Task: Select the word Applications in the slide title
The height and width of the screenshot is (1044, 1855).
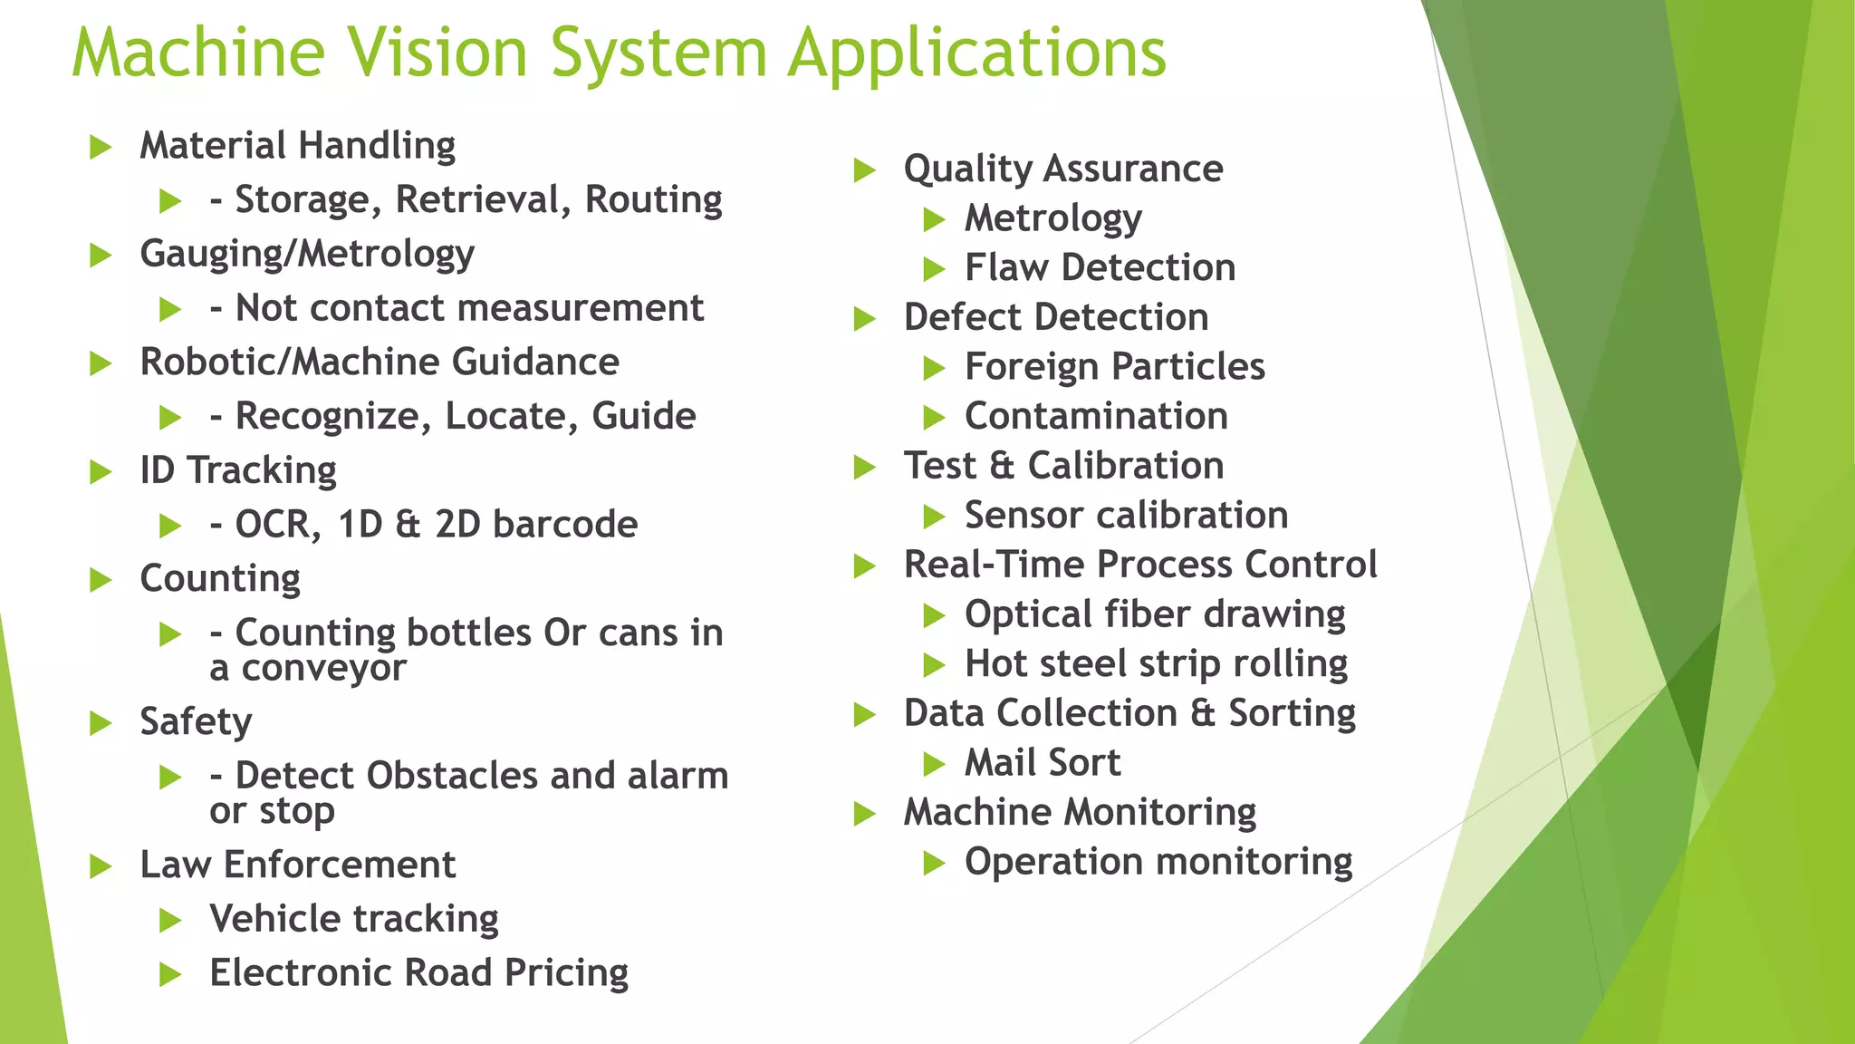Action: tap(976, 54)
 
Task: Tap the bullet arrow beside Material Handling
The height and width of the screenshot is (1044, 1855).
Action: tap(101, 147)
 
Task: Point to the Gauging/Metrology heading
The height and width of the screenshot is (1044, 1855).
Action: tap(307, 255)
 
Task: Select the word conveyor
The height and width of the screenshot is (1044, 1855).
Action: tap(324, 669)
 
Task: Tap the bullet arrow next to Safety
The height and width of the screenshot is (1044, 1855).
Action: tap(101, 723)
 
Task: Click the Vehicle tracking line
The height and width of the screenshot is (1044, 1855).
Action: tap(353, 919)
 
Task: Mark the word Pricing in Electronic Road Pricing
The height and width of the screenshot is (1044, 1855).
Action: tap(566, 973)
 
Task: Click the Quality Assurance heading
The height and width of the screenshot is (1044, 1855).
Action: tap(1063, 169)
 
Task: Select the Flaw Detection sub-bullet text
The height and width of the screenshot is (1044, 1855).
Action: tap(1100, 268)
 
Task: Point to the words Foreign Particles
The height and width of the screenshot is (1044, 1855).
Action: tap(1114, 367)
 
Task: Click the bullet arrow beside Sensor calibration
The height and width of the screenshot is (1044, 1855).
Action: tap(934, 517)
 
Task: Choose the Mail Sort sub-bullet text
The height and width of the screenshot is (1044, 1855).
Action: tap(1043, 763)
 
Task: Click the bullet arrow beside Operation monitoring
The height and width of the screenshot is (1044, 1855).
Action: tap(934, 863)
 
